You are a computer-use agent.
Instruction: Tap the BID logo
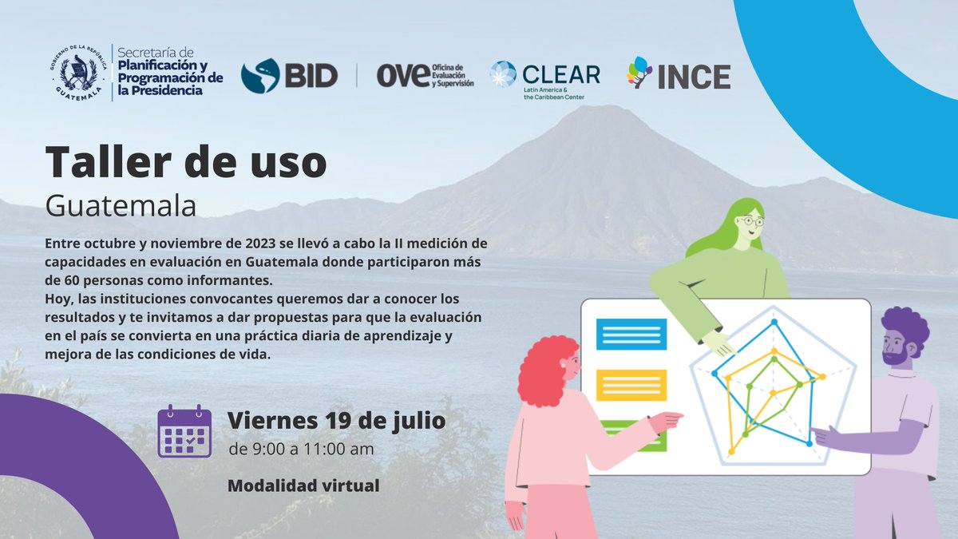tap(288, 76)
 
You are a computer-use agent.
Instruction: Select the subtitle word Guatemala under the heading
tap(121, 205)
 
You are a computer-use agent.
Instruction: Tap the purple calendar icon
tap(184, 431)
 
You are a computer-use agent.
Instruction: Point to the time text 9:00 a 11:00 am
tap(300, 449)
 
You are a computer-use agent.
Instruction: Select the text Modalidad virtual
tap(303, 485)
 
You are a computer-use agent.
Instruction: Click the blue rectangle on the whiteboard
tap(631, 334)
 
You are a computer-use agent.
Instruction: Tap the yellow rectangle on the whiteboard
tap(631, 385)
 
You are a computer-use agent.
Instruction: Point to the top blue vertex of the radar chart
tap(774, 323)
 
